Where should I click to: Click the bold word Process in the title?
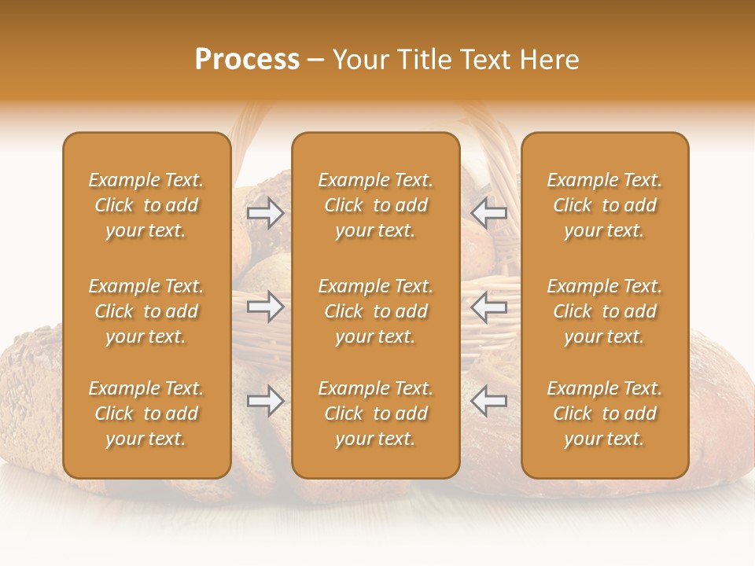pyautogui.click(x=247, y=60)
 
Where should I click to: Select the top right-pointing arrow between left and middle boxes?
pyautogui.click(x=266, y=213)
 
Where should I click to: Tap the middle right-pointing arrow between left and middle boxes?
pyautogui.click(x=266, y=307)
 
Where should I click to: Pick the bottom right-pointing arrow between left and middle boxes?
pyautogui.click(x=266, y=401)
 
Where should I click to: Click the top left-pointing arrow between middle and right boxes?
pyautogui.click(x=489, y=213)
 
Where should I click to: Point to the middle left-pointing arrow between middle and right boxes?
pyautogui.click(x=489, y=307)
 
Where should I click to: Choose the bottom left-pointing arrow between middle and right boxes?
pyautogui.click(x=489, y=401)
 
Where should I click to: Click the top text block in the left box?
pyautogui.click(x=146, y=205)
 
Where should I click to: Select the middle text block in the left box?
pyautogui.click(x=146, y=311)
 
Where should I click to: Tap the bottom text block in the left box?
pyautogui.click(x=146, y=413)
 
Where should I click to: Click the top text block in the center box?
pyautogui.click(x=376, y=205)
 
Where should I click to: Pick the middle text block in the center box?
pyautogui.click(x=376, y=311)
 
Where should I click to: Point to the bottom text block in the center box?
pyautogui.click(x=376, y=413)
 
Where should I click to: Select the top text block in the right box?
pyautogui.click(x=605, y=205)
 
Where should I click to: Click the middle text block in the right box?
pyautogui.click(x=605, y=311)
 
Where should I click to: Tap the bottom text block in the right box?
pyautogui.click(x=605, y=413)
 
